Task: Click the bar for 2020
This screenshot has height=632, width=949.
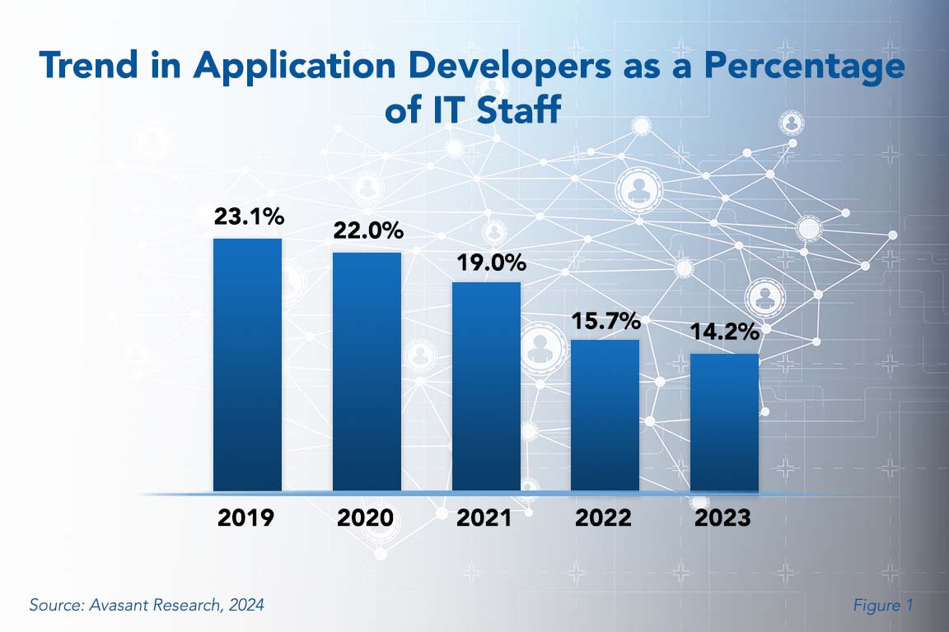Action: tap(367, 371)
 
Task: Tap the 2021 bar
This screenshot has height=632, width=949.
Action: tap(486, 387)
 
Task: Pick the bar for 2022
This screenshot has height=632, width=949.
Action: tap(605, 416)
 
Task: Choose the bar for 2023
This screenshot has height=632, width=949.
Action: tap(724, 422)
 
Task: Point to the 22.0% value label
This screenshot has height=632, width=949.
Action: tap(367, 231)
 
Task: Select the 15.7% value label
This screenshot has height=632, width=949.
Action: tap(605, 320)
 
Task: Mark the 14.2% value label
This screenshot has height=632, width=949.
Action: tap(724, 334)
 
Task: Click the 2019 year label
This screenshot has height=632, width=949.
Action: tap(246, 518)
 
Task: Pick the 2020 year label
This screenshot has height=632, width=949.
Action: tap(366, 518)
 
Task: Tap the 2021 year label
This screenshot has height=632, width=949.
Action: tap(484, 518)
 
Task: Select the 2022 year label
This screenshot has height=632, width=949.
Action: tap(604, 518)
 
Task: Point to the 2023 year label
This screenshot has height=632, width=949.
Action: tap(722, 518)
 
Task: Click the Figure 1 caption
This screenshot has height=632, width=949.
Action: tap(883, 606)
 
